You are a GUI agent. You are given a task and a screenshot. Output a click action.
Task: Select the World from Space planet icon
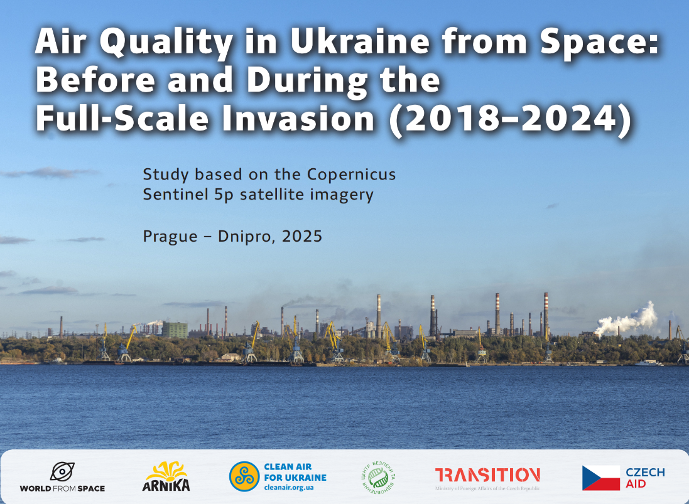[62, 471]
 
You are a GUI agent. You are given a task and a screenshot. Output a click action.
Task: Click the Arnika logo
[166, 476]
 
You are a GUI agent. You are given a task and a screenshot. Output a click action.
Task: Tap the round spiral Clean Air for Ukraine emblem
[244, 476]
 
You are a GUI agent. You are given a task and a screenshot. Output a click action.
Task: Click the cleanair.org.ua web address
[290, 486]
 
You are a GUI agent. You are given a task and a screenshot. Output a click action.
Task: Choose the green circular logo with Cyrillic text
[379, 476]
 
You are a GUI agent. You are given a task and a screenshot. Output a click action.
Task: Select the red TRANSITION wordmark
[487, 475]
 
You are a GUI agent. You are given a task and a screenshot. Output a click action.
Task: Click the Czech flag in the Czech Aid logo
[600, 478]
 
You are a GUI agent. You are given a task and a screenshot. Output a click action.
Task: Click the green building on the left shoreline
[175, 330]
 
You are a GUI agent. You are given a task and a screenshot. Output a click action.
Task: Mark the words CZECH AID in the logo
[644, 478]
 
